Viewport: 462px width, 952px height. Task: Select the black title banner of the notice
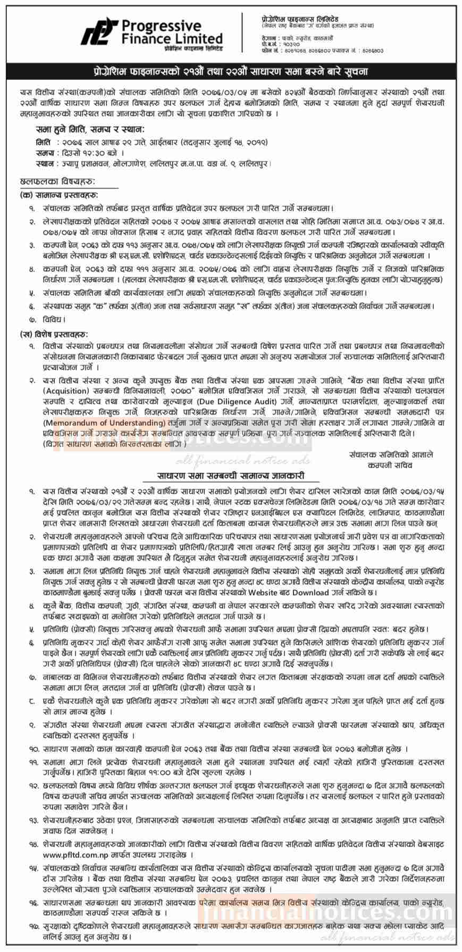click(x=231, y=71)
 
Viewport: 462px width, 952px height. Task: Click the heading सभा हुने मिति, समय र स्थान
click(x=90, y=129)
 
